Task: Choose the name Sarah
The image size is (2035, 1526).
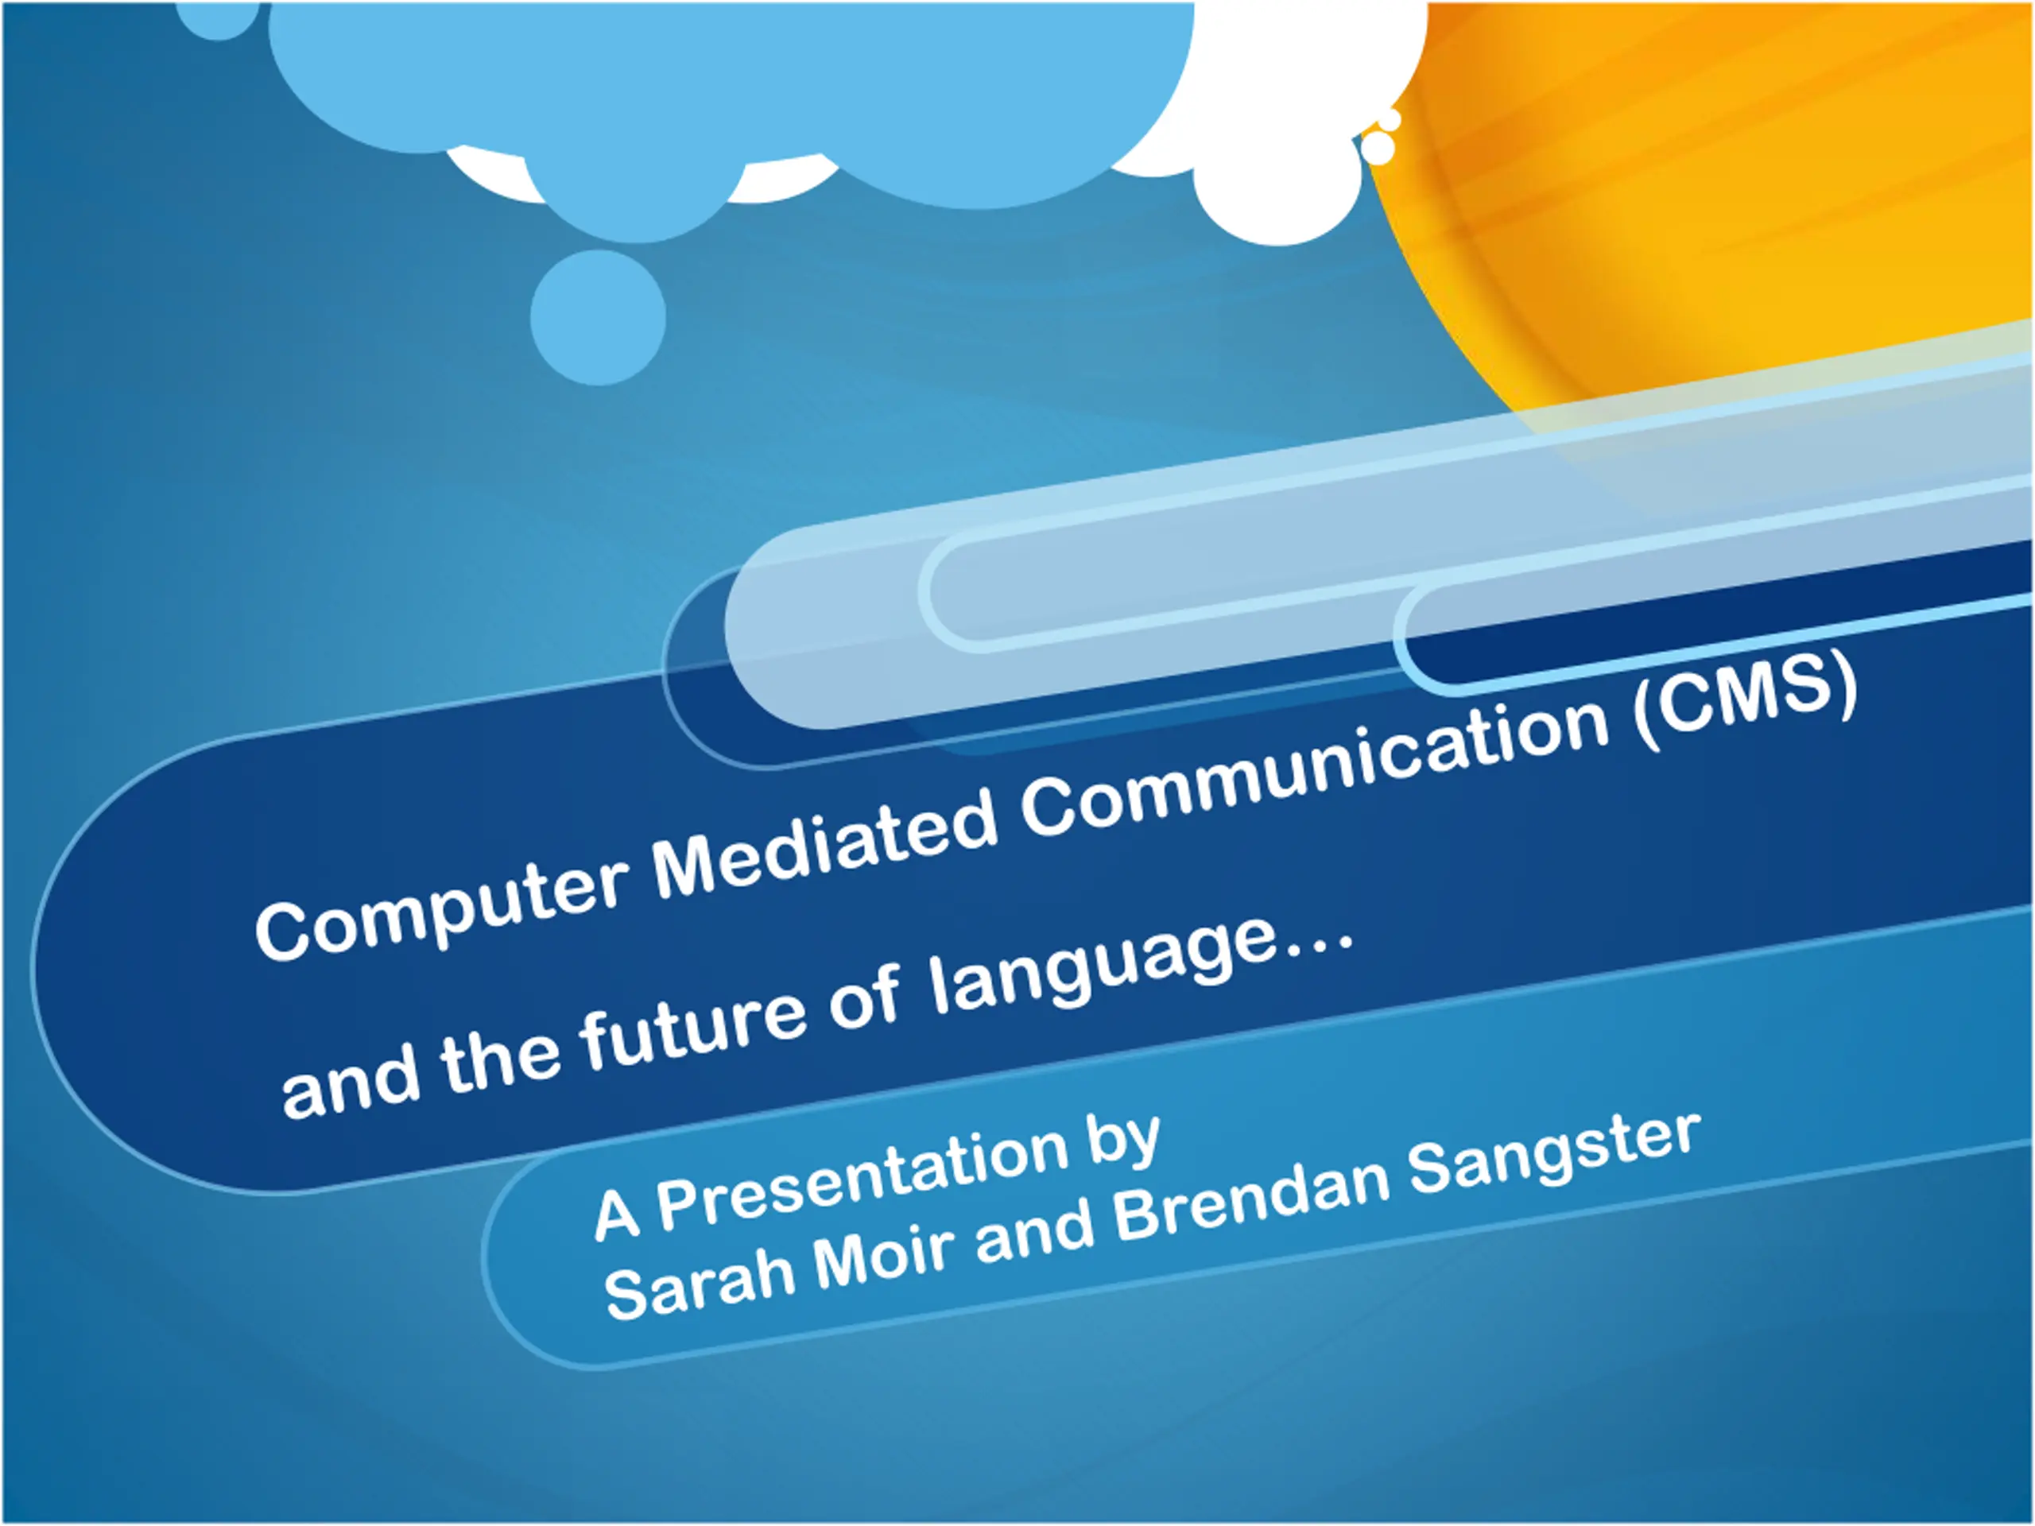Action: (700, 1283)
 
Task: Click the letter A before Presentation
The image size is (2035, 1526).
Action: (616, 1214)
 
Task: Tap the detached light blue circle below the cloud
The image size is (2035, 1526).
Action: (598, 317)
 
